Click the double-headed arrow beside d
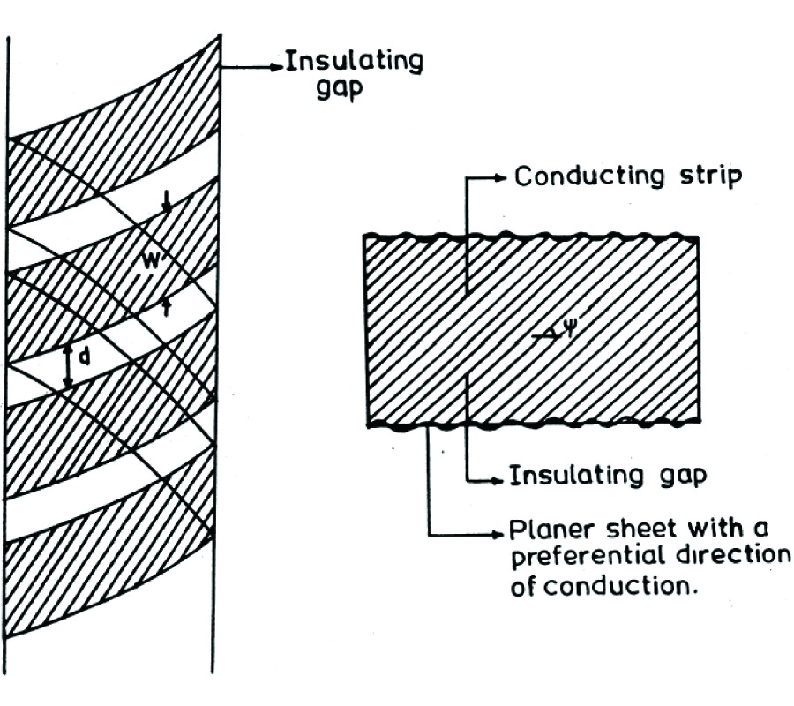[69, 364]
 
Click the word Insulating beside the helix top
[355, 62]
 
